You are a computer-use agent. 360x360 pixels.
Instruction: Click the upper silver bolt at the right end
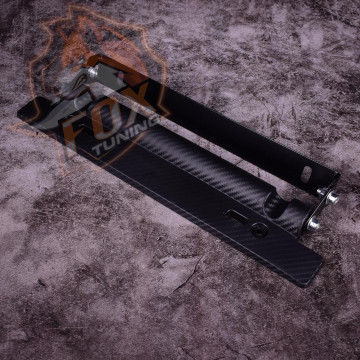pos(332,198)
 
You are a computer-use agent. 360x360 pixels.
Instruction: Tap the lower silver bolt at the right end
pos(313,224)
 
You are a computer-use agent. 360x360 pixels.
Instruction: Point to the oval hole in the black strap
pos(306,174)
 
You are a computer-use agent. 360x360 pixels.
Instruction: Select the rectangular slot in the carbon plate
pos(236,216)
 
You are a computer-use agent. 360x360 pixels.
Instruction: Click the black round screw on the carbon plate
pos(259,230)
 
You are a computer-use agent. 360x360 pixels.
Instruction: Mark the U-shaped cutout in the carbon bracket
pos(276,206)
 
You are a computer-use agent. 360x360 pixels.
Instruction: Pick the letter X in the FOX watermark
pos(138,97)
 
